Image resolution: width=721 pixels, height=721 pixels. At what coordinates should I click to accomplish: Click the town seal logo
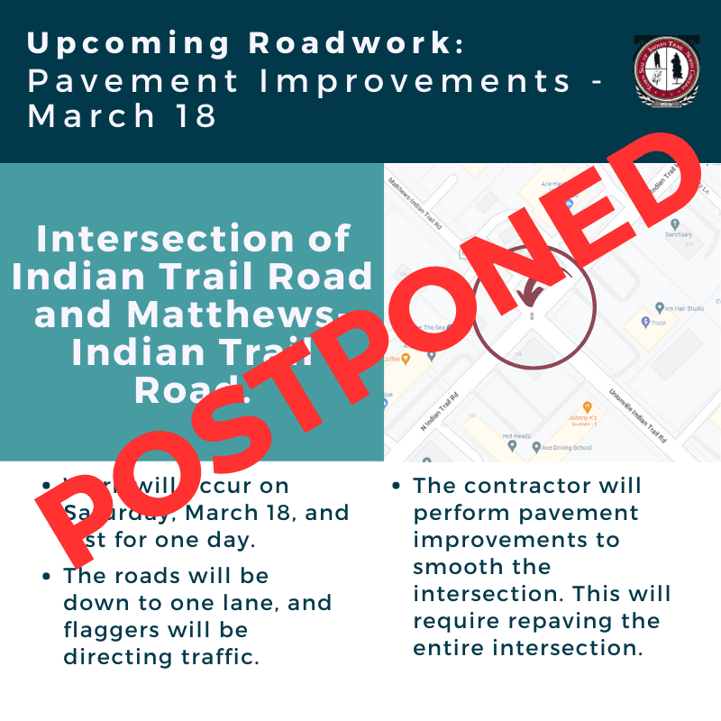click(x=667, y=73)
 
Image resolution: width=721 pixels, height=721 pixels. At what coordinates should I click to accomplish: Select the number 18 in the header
click(x=196, y=116)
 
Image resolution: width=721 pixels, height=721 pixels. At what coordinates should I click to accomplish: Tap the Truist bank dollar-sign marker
click(x=645, y=322)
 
